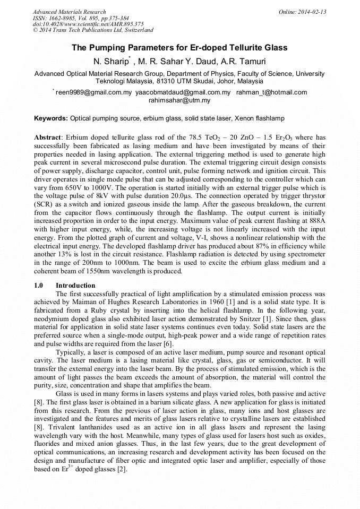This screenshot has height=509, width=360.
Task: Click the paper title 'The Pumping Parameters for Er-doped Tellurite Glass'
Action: tap(179, 48)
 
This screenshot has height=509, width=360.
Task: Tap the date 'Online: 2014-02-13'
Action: tap(302, 12)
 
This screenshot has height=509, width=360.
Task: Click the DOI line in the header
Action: tap(88, 24)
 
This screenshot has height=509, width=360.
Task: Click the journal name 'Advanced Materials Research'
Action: tap(69, 12)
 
